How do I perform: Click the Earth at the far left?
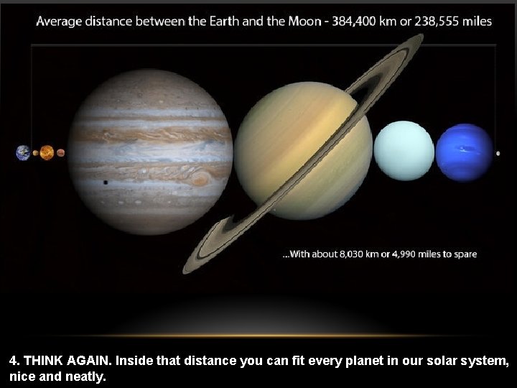point(24,152)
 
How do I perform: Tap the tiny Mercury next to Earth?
point(35,153)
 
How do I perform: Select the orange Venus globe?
point(47,152)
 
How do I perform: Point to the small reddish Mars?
point(61,152)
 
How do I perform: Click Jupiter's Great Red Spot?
point(200,177)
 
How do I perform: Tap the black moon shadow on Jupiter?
point(106,183)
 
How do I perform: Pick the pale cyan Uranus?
point(404,151)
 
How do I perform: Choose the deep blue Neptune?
point(464,152)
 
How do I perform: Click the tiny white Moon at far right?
point(498,153)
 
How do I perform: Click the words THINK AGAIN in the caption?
point(62,360)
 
